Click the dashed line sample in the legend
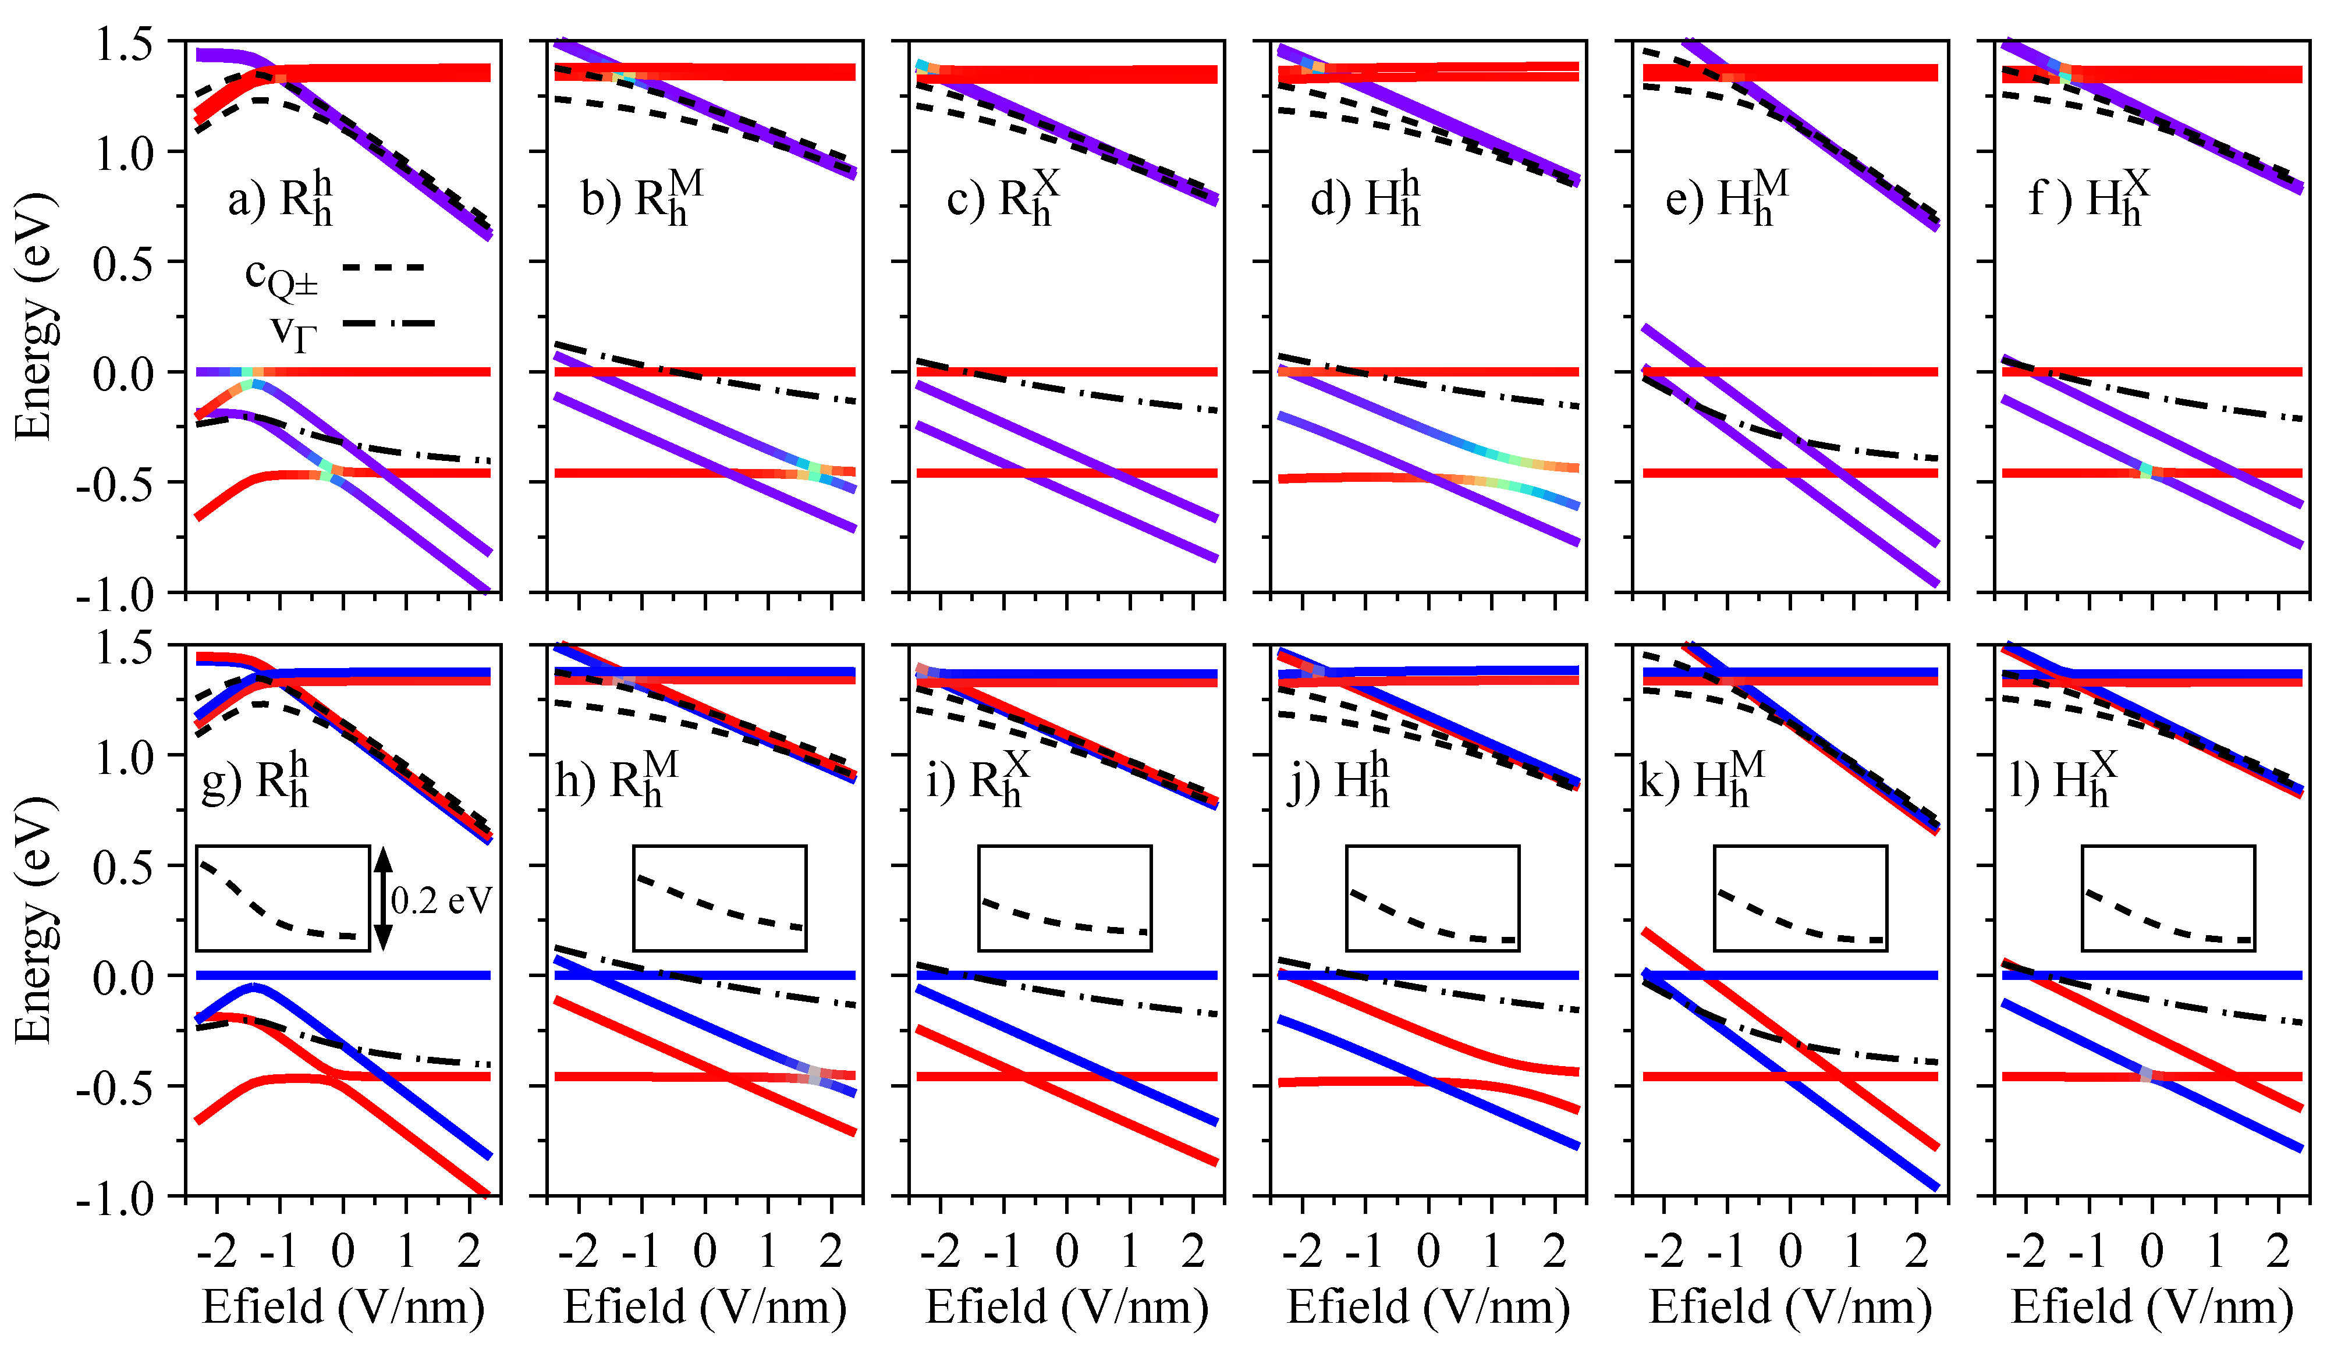pyautogui.click(x=382, y=268)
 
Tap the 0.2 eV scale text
pyautogui.click(x=441, y=900)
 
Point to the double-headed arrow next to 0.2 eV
pyautogui.click(x=383, y=899)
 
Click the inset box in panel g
pyautogui.click(x=282, y=898)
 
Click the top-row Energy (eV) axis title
pyautogui.click(x=34, y=316)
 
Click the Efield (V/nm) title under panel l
pyautogui.click(x=2152, y=1306)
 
